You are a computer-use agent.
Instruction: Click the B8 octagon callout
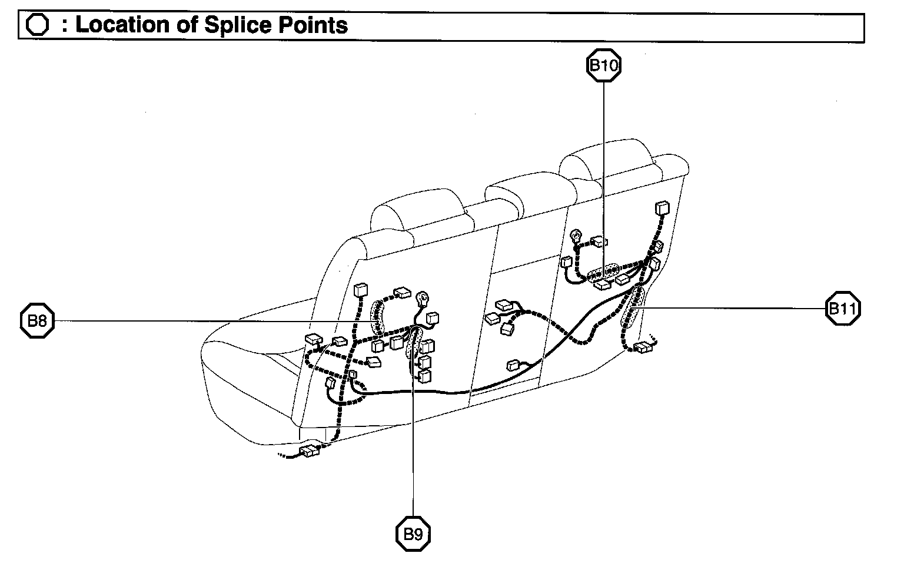(38, 321)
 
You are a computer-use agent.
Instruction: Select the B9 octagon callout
(413, 534)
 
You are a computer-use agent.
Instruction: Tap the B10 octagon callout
(604, 65)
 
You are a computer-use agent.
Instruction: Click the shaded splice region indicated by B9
(413, 345)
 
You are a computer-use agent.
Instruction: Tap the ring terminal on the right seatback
(576, 237)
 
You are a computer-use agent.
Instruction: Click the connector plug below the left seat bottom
(309, 452)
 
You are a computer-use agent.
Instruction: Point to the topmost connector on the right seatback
(662, 209)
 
